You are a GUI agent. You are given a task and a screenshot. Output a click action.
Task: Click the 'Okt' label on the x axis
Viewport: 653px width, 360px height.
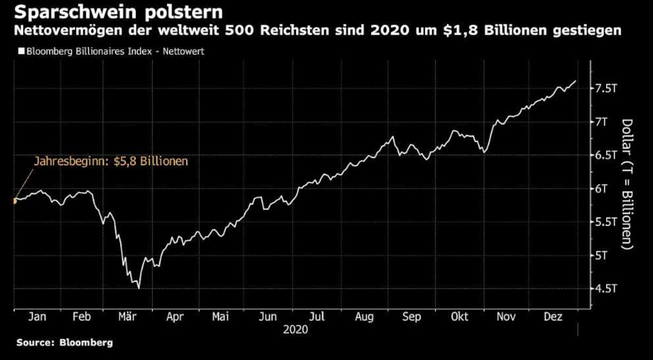(x=459, y=317)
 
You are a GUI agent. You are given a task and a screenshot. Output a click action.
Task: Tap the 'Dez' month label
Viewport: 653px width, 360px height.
(x=553, y=317)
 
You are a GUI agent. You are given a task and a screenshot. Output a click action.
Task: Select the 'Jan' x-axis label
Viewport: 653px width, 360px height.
(x=37, y=317)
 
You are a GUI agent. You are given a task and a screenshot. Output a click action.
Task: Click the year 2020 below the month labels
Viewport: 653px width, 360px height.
(x=295, y=330)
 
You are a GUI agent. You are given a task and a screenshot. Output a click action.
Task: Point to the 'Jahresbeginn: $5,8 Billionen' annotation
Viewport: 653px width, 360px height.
(x=111, y=161)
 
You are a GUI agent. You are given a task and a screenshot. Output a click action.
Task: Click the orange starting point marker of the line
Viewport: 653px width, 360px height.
(x=14, y=201)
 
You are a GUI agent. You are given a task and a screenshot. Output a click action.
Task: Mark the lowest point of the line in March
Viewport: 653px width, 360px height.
(x=139, y=288)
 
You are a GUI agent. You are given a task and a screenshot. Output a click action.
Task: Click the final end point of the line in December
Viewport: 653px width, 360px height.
(x=576, y=81)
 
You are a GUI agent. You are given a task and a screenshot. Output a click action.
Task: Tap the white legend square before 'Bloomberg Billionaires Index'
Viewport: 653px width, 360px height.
(x=21, y=52)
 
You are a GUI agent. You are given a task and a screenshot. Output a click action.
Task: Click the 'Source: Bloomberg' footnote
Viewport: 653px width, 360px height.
(x=65, y=343)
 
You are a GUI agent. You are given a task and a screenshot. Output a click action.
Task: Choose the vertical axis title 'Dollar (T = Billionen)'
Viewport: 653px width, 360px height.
(x=627, y=184)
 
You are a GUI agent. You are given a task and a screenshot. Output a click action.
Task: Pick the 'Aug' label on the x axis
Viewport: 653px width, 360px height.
(x=365, y=317)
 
